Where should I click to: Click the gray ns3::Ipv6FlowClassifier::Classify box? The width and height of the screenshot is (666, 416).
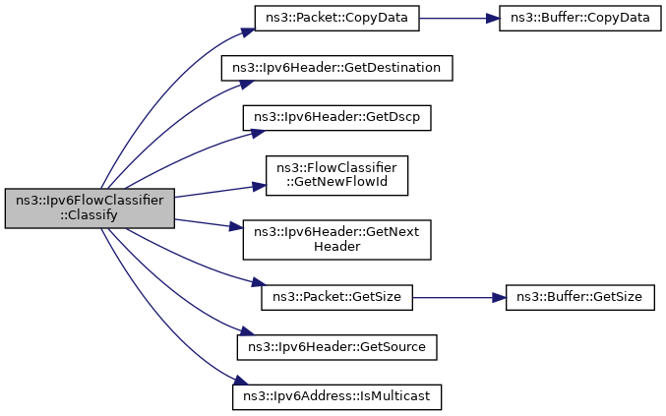[90, 208]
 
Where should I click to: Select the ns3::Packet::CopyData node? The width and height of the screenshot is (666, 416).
[336, 19]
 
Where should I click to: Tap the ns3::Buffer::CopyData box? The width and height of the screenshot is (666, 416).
[579, 19]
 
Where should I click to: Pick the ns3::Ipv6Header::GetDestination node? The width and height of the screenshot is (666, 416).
[336, 68]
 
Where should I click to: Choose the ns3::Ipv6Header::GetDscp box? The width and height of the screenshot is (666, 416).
[336, 118]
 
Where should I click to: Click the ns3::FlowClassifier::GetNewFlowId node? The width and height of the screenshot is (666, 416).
[336, 176]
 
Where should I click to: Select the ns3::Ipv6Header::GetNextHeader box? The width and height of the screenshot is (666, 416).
[336, 240]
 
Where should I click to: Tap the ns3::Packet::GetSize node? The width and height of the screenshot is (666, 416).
[336, 298]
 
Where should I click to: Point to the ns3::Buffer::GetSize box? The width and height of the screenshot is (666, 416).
[579, 298]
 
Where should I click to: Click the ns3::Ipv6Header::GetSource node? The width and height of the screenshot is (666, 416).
[336, 347]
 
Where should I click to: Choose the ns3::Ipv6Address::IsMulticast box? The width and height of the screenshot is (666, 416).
[336, 397]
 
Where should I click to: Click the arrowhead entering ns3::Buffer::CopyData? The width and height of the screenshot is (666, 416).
[493, 19]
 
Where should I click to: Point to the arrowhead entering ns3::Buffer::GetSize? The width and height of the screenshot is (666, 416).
[500, 298]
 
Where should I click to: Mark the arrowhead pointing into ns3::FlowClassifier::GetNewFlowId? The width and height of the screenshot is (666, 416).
[260, 186]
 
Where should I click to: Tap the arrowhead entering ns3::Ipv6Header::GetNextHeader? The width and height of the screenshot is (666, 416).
[236, 226]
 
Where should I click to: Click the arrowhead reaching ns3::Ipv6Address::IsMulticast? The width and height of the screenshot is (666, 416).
[241, 381]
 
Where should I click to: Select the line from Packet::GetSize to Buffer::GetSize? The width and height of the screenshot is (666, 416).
[459, 298]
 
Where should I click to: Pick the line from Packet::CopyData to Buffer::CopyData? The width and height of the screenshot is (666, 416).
[459, 19]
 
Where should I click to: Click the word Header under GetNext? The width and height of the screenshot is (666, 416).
[336, 247]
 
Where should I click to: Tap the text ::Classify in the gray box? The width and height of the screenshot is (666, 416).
[89, 215]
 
